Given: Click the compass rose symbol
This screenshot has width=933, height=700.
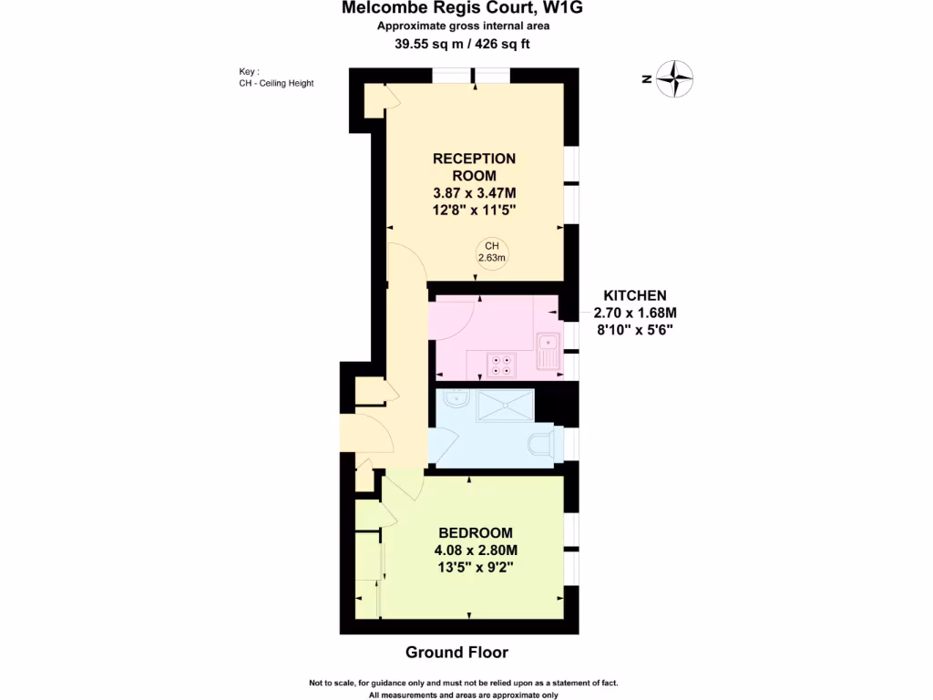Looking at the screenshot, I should (675, 78).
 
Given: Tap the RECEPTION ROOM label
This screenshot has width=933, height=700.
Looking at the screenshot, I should (474, 167).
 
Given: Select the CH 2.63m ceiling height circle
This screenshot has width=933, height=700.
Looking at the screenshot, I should (492, 252).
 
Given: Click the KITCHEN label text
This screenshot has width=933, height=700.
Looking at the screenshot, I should (635, 295).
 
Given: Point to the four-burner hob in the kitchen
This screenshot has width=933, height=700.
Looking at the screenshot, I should (500, 364).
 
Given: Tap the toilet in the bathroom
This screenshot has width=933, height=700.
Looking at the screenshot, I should (541, 446).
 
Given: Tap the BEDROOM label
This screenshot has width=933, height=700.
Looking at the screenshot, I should (475, 533).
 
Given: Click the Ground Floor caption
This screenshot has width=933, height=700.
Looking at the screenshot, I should (456, 653).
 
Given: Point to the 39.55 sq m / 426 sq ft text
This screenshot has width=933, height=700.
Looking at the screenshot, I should (464, 43).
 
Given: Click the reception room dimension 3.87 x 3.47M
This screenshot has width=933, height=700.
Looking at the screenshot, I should (475, 192).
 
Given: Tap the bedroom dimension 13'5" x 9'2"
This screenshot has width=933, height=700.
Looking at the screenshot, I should (476, 567).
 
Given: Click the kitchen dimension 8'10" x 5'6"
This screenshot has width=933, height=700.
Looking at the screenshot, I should (635, 329).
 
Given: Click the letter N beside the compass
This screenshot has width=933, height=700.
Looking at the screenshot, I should (645, 79).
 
